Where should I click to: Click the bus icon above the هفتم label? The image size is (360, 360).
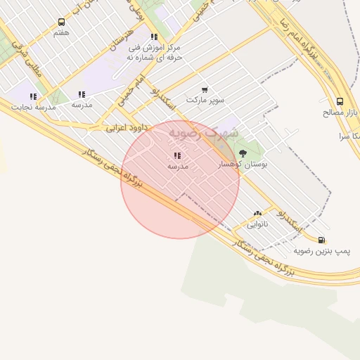pos(61,22)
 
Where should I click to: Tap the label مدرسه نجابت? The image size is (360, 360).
pos(34,107)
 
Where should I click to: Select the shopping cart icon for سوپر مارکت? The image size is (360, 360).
pos(204,89)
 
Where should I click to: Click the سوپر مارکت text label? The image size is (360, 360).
pos(205,100)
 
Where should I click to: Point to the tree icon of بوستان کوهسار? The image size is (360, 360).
pos(243,153)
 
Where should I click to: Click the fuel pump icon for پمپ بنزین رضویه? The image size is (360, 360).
pos(322,240)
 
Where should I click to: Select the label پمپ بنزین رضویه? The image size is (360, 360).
pos(321,250)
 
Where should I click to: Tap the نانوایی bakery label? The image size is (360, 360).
pos(257,224)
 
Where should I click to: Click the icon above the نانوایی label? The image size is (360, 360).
pos(257,214)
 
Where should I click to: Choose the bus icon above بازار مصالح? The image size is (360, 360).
pos(340,101)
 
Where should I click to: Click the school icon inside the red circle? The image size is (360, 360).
pos(177,155)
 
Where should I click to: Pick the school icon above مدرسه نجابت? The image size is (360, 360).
pos(33,96)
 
